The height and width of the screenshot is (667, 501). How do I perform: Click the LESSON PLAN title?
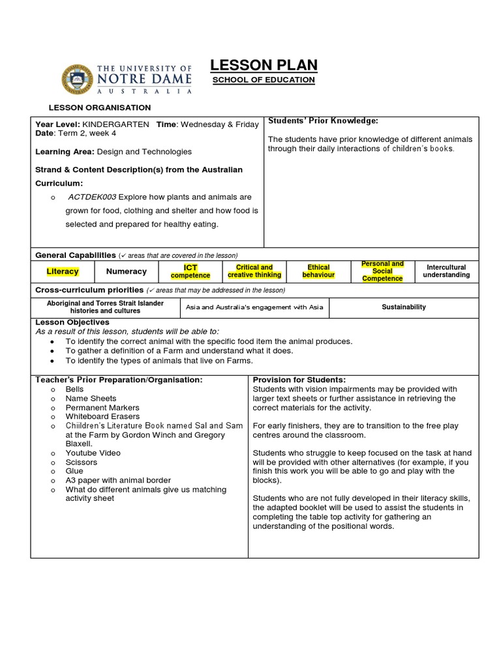tap(264, 64)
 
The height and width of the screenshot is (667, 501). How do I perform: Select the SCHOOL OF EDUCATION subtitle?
tap(264, 80)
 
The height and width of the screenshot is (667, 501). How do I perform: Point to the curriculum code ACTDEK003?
tap(92, 197)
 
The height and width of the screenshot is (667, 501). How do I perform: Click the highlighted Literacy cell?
tap(63, 272)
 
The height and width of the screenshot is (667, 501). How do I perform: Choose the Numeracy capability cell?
tap(127, 272)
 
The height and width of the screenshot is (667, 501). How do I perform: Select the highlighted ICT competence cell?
tap(190, 272)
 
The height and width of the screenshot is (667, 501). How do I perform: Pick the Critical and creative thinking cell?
tap(254, 272)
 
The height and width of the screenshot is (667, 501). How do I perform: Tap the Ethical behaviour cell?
tap(318, 272)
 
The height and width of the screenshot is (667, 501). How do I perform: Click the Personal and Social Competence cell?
tap(382, 272)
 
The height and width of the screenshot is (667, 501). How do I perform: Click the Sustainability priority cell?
tap(404, 307)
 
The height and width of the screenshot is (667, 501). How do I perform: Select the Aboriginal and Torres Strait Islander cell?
tap(105, 307)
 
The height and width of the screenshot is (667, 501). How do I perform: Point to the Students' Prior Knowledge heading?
tap(323, 121)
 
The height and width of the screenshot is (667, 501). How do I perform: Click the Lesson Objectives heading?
tap(72, 322)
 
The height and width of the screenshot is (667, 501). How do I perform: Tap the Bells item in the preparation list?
tap(74, 390)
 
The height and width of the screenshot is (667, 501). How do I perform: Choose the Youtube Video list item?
tap(93, 453)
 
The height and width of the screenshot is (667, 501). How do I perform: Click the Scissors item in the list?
tap(81, 462)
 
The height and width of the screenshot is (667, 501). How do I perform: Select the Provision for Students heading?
tap(299, 380)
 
